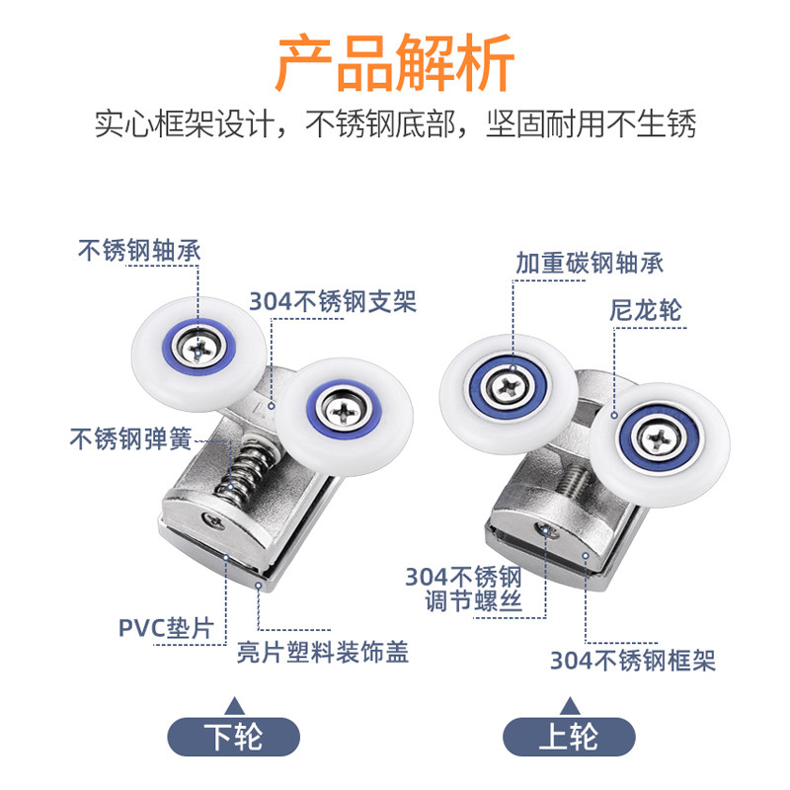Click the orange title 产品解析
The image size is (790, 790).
395,63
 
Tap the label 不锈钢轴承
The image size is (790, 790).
138,250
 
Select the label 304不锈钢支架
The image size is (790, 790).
333,302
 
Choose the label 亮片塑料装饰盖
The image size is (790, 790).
323,653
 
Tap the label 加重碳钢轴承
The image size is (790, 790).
590,263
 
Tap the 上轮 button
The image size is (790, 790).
570,737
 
